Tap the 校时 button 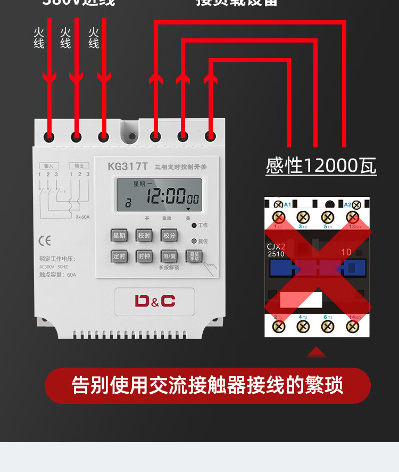point(144,235)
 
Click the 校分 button point(169,235)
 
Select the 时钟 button point(144,256)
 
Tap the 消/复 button point(169,256)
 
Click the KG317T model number point(128,166)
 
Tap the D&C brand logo point(154,301)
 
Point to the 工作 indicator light point(195,226)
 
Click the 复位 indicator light point(195,241)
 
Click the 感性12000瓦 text point(321,166)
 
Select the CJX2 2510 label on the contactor point(276,250)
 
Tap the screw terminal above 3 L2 point(303,217)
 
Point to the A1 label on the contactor point(287,204)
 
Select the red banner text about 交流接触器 point(207,385)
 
